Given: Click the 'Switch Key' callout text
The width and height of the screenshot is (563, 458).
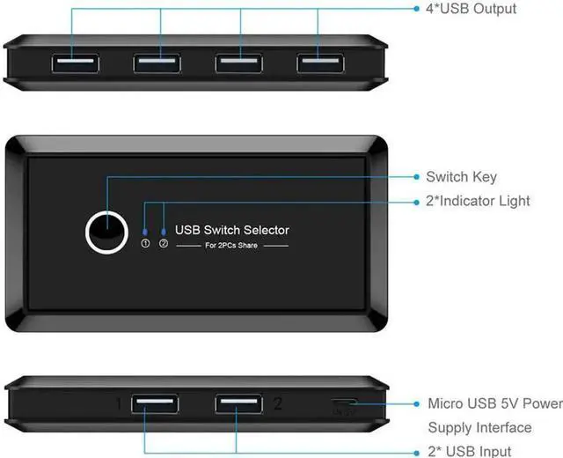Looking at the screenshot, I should pos(460,177).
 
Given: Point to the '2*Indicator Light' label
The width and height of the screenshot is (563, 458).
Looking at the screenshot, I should pos(478,201).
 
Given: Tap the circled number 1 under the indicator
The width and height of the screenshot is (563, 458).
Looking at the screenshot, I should pos(145,244).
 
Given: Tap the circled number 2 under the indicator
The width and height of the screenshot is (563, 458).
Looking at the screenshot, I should pos(164,244).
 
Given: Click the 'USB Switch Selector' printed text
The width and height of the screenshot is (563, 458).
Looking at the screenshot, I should pos(232,230).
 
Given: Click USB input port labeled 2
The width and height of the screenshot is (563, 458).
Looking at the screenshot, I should pos(237,380).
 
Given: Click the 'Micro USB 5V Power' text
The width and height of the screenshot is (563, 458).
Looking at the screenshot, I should pos(494,403).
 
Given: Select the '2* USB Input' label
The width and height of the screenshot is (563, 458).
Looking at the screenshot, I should pos(469,451).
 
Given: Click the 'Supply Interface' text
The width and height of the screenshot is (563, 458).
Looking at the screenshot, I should pos(479,427).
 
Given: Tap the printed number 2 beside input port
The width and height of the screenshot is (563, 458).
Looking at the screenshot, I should pos(278,380).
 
